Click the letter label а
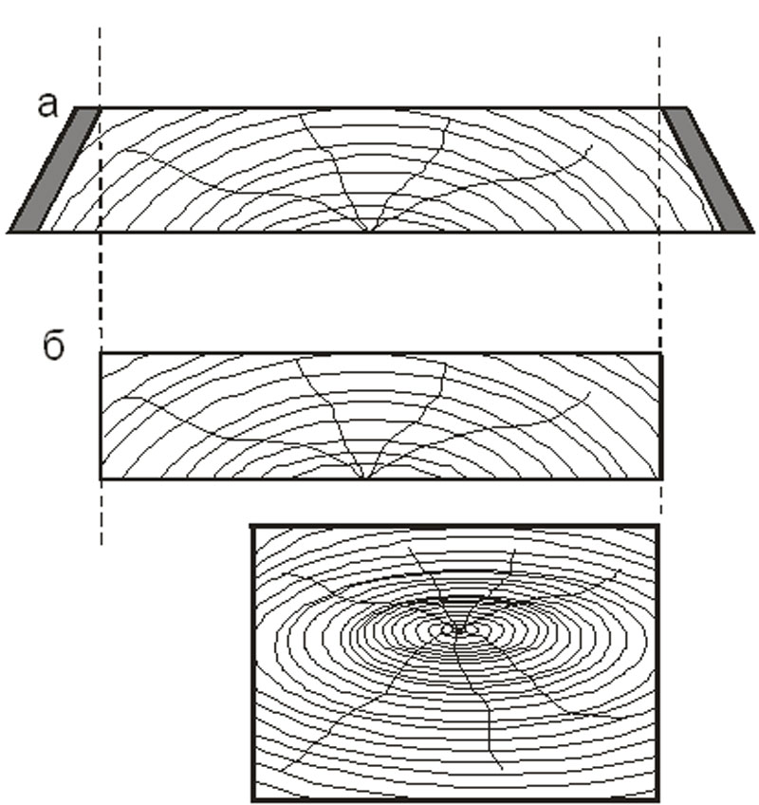click(x=47, y=105)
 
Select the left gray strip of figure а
click(x=55, y=169)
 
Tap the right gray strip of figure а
click(x=707, y=169)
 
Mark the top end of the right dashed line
click(x=659, y=37)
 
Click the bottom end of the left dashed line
click(x=102, y=544)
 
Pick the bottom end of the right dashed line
click(x=661, y=514)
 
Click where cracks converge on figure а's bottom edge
click(x=368, y=231)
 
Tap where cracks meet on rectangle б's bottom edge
click(x=364, y=478)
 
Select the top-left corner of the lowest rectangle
click(x=252, y=527)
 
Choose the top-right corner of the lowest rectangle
click(x=657, y=527)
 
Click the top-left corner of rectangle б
click(x=102, y=354)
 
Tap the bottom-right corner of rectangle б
click(x=661, y=478)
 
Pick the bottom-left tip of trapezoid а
click(x=9, y=232)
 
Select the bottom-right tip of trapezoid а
click(x=753, y=232)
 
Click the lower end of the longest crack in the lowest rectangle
click(x=501, y=769)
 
